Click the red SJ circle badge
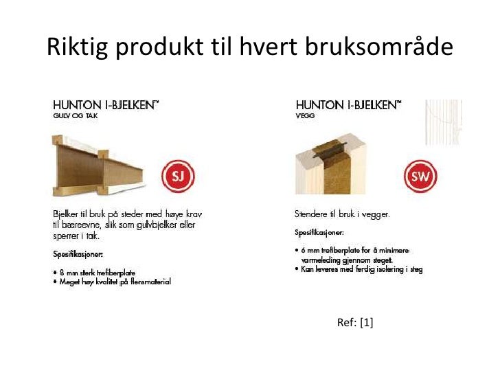tap(178, 177)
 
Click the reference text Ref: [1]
tap(355, 322)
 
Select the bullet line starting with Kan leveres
tap(358, 269)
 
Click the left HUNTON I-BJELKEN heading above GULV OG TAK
tap(106, 105)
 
